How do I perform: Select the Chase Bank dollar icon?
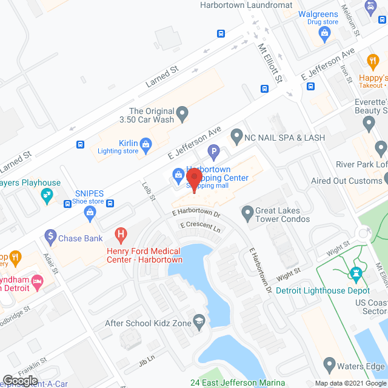pyautogui.click(x=50, y=238)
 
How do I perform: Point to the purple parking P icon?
pyautogui.click(x=213, y=150)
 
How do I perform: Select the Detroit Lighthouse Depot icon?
pyautogui.click(x=356, y=275)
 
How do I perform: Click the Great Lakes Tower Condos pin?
pyautogui.click(x=247, y=212)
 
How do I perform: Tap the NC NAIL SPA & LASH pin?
pyautogui.click(x=236, y=137)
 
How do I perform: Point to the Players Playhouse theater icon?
pyautogui.click(x=45, y=195)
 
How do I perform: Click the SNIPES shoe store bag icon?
pyautogui.click(x=90, y=212)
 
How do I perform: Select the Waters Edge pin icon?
pyautogui.click(x=329, y=366)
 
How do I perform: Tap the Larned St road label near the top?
pyautogui.click(x=161, y=78)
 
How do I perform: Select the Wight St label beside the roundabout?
pyautogui.click(x=338, y=246)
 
